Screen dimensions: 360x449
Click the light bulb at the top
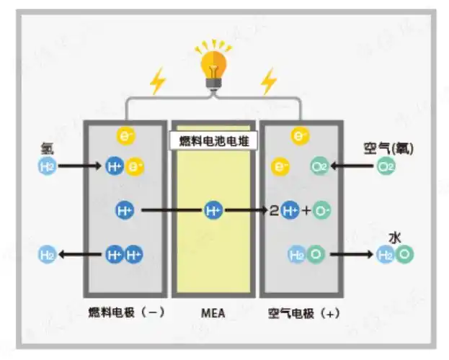(213, 67)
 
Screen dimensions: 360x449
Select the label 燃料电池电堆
(213, 141)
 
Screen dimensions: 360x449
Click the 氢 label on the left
(47, 149)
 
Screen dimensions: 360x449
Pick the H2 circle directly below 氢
(47, 167)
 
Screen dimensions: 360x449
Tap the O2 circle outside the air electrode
(387, 167)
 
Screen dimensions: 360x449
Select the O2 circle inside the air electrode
(319, 167)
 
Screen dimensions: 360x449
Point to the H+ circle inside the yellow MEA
(213, 210)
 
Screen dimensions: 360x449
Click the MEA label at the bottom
(213, 314)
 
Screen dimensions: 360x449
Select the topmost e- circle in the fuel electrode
(124, 135)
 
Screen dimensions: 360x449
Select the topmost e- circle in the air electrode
(301, 135)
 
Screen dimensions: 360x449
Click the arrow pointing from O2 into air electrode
(352, 167)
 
